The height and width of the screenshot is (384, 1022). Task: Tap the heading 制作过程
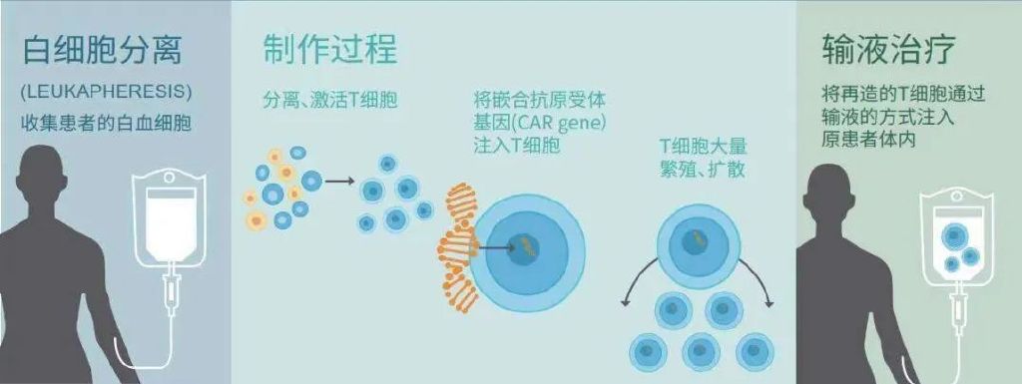click(x=330, y=48)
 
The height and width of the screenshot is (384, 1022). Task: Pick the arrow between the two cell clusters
click(x=339, y=182)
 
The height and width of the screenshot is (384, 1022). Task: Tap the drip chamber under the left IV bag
click(x=173, y=290)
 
